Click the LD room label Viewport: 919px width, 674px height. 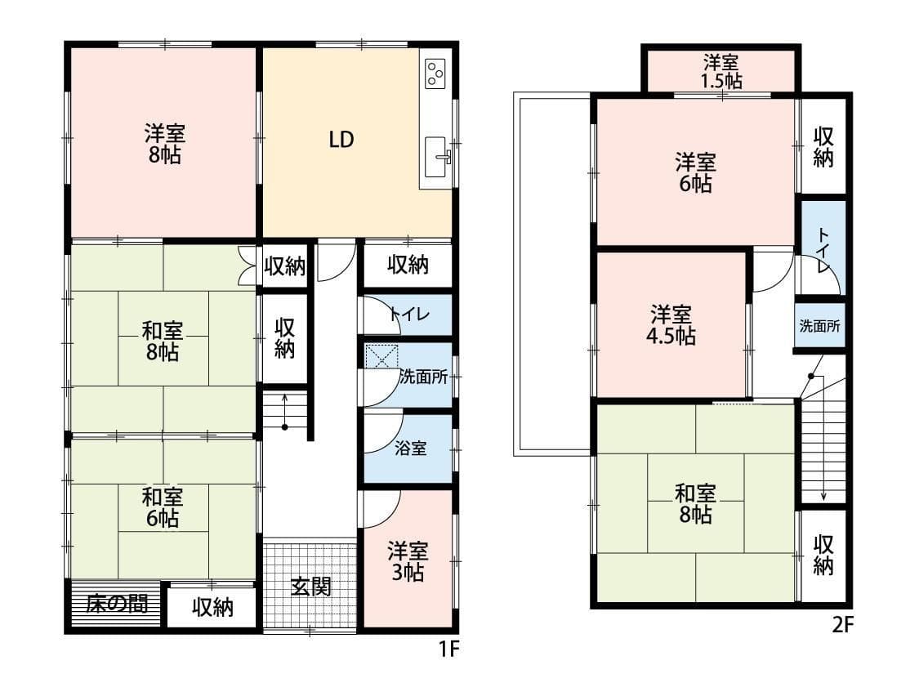pos(341,140)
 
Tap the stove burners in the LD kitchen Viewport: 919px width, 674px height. pos(435,74)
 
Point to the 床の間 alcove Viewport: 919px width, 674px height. pos(117,604)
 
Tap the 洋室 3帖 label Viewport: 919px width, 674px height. pos(406,561)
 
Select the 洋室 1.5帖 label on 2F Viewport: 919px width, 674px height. pos(722,71)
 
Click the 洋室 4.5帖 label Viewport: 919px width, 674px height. pos(672,324)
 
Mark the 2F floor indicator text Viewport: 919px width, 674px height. pos(842,626)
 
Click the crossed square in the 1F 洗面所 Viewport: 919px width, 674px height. pos(381,357)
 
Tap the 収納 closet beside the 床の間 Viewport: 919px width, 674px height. pos(212,607)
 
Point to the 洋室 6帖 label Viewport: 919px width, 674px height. pos(695,172)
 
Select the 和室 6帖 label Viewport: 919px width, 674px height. pos(163,507)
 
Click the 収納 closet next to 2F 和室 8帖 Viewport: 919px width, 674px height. pos(823,555)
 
